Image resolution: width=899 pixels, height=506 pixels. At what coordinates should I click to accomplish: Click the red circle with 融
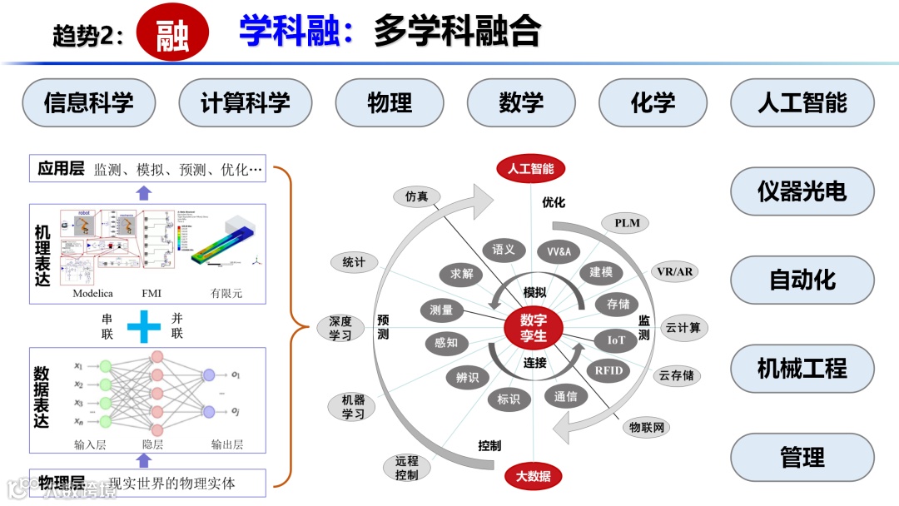[x=171, y=33]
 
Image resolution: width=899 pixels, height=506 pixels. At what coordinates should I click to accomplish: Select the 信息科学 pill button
[x=89, y=103]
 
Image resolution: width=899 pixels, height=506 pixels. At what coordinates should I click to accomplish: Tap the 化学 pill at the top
[x=653, y=103]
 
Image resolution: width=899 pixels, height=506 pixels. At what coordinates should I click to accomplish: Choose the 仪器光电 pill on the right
[x=802, y=191]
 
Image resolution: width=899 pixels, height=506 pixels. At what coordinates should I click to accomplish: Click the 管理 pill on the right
[x=802, y=457]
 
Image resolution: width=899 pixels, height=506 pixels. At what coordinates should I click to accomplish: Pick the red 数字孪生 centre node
[x=534, y=327]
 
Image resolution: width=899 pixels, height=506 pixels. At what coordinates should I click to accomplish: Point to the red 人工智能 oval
[x=531, y=169]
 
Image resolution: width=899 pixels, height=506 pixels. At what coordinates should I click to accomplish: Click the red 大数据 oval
[x=533, y=476]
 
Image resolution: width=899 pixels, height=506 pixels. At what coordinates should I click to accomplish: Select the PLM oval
[x=627, y=223]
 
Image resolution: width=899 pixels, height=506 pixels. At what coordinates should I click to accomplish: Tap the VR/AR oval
[x=675, y=272]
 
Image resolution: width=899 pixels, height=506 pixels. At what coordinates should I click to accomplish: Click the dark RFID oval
[x=608, y=370]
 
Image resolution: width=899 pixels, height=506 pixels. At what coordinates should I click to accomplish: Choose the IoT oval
[x=616, y=340]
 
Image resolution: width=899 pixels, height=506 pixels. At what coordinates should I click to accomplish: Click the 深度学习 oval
[x=340, y=328]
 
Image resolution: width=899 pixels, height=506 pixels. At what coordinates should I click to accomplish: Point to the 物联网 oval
[x=647, y=428]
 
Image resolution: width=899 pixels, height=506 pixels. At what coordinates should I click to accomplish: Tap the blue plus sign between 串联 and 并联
[x=143, y=326]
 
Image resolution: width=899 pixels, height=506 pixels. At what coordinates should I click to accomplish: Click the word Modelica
[x=92, y=294]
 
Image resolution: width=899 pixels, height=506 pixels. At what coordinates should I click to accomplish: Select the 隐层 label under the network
[x=153, y=444]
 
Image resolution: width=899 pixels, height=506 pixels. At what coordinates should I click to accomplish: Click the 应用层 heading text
[x=61, y=169]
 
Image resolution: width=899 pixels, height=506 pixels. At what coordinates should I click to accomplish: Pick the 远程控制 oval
[x=407, y=468]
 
